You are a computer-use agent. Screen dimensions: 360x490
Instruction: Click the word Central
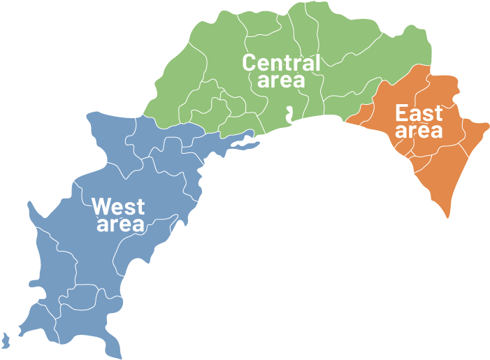click(x=281, y=62)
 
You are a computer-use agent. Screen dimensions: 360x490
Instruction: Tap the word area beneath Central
click(x=281, y=80)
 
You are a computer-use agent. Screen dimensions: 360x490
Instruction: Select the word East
click(x=419, y=113)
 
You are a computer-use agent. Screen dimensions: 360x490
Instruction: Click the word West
click(x=119, y=206)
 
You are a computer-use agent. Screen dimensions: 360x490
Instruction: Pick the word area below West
click(x=120, y=224)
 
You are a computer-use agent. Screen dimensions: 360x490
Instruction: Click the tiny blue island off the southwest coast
click(x=6, y=341)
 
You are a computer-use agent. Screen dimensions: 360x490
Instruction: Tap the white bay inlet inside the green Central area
click(x=288, y=113)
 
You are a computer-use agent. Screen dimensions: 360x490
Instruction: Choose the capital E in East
click(x=402, y=113)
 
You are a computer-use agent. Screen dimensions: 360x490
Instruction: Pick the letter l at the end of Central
click(x=317, y=62)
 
